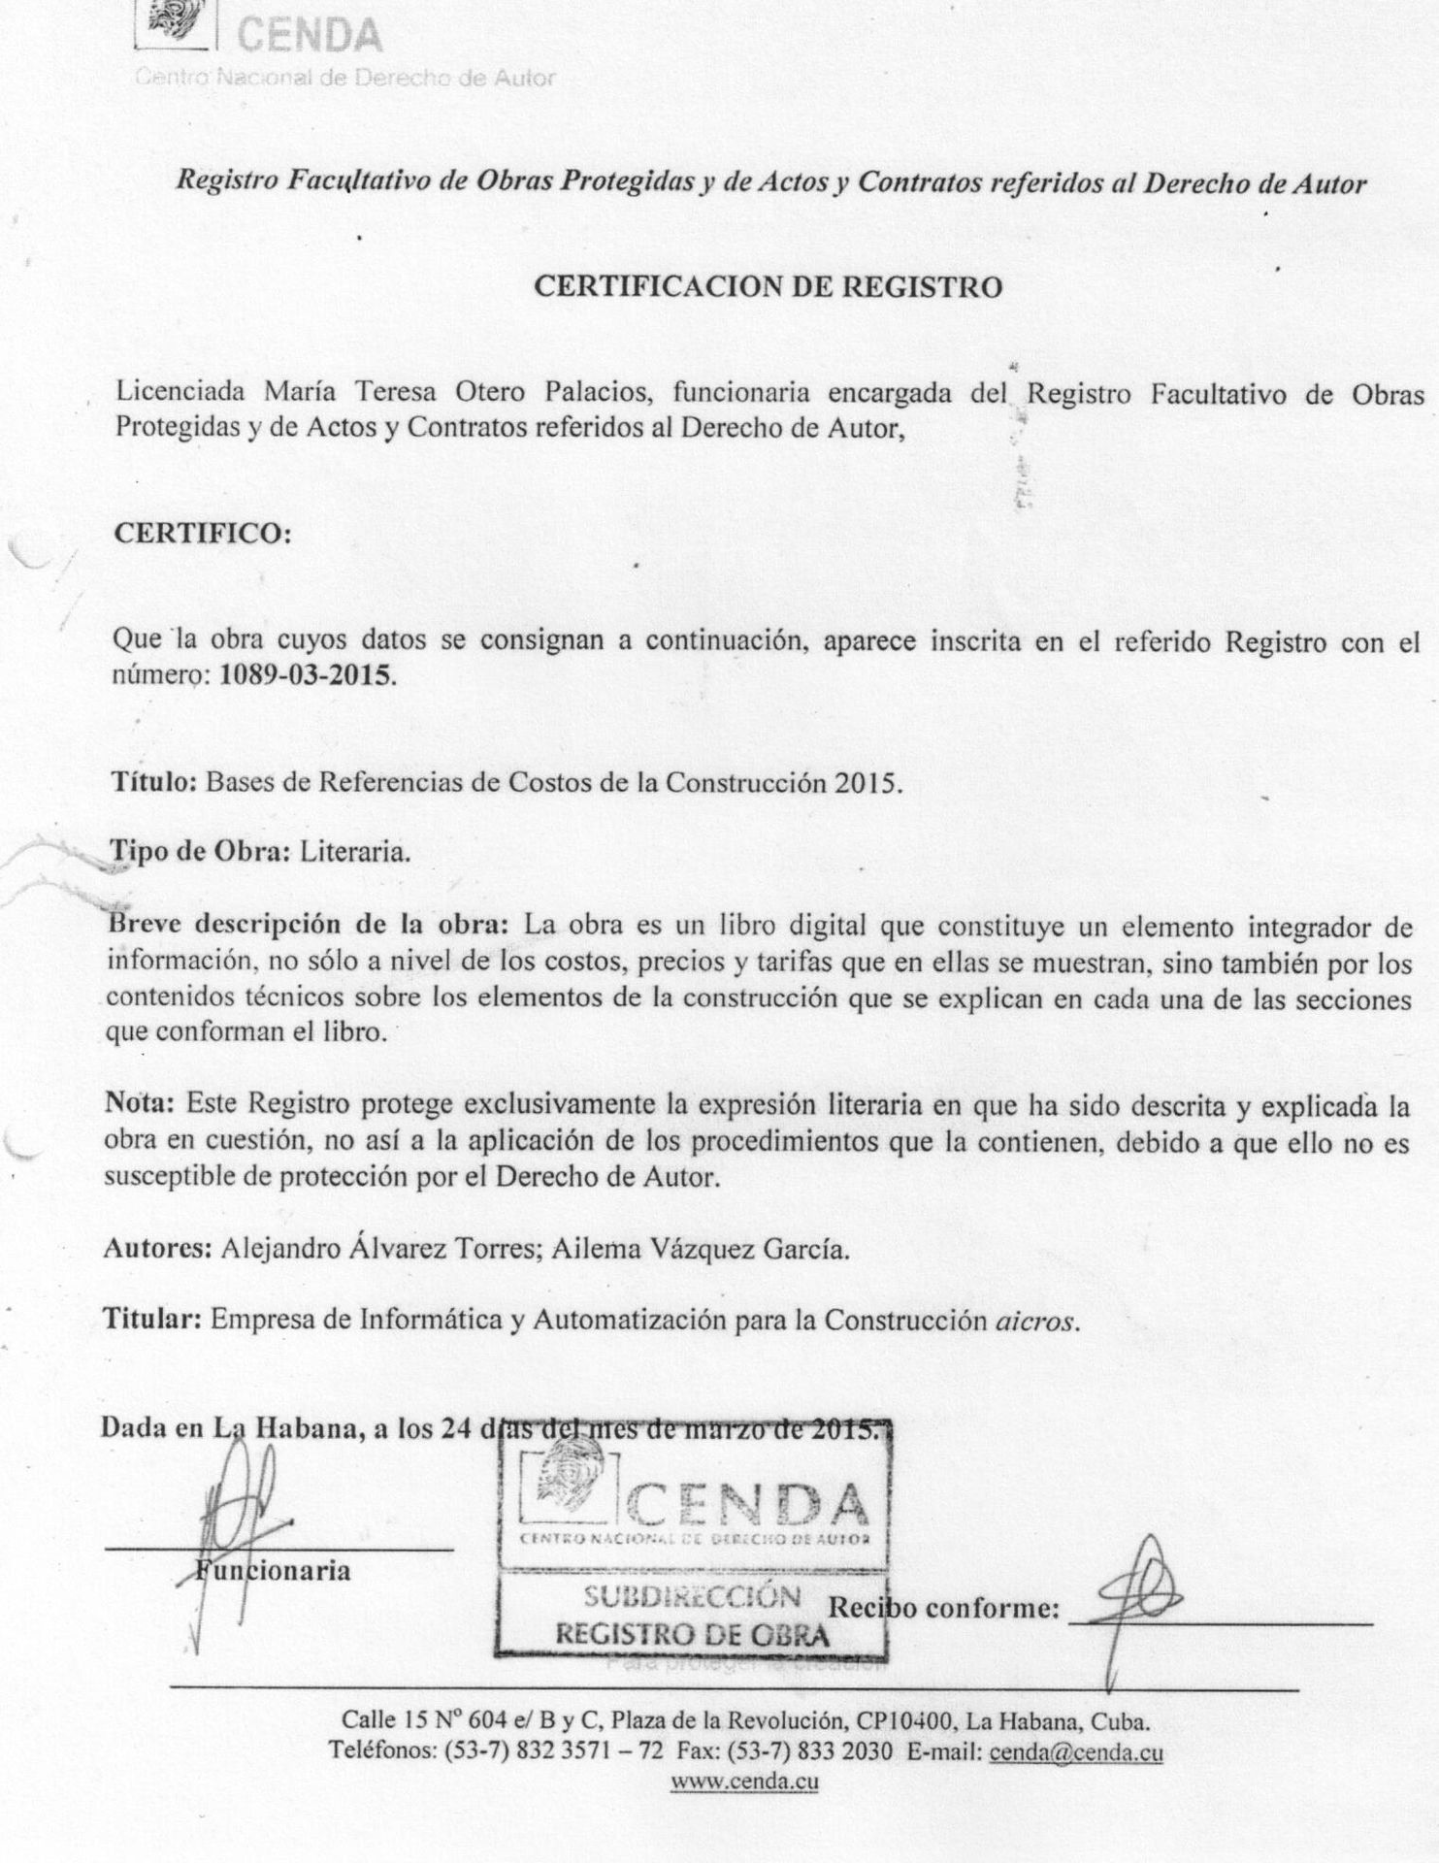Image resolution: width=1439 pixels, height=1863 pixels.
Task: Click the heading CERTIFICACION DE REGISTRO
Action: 769,287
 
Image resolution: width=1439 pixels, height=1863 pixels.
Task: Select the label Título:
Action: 155,782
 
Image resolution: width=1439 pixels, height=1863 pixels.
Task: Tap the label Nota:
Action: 140,1103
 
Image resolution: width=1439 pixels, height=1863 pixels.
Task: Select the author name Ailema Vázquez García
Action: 701,1249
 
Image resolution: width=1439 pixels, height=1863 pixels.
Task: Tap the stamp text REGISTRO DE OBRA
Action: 692,1633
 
